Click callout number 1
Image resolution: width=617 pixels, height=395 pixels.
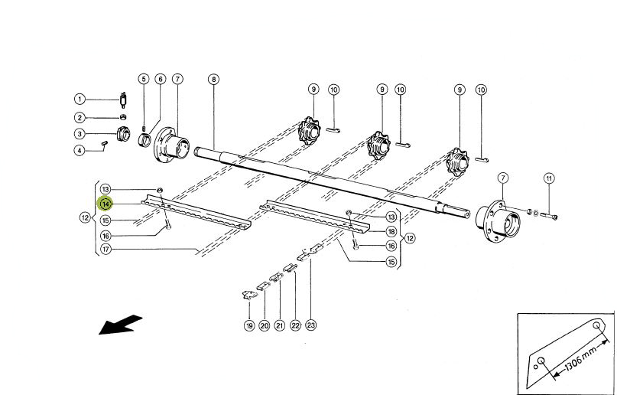pyautogui.click(x=80, y=99)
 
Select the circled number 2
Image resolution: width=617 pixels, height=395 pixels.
pyautogui.click(x=80, y=117)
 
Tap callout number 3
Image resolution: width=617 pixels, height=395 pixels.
pyautogui.click(x=80, y=134)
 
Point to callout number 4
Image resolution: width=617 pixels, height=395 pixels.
pyautogui.click(x=80, y=150)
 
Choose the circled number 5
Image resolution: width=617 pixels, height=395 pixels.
pyautogui.click(x=143, y=79)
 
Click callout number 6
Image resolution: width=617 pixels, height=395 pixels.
pyautogui.click(x=160, y=79)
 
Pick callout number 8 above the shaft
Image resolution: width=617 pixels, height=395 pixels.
pyautogui.click(x=213, y=79)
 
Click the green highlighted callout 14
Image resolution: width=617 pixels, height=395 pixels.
pyautogui.click(x=106, y=204)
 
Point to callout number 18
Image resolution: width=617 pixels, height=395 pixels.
pyautogui.click(x=391, y=231)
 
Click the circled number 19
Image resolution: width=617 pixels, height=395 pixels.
pyautogui.click(x=248, y=326)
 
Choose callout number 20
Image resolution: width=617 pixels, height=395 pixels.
pyautogui.click(x=264, y=326)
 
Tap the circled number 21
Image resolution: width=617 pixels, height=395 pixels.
pyautogui.click(x=279, y=326)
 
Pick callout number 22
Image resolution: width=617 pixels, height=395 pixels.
pyautogui.click(x=295, y=326)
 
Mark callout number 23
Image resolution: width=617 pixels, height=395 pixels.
pyautogui.click(x=311, y=326)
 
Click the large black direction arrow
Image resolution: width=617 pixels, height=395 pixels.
pyautogui.click(x=121, y=325)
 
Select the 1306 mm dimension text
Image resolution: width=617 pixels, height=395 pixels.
pyautogui.click(x=580, y=356)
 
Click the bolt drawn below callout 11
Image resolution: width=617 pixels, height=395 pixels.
pyautogui.click(x=551, y=217)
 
